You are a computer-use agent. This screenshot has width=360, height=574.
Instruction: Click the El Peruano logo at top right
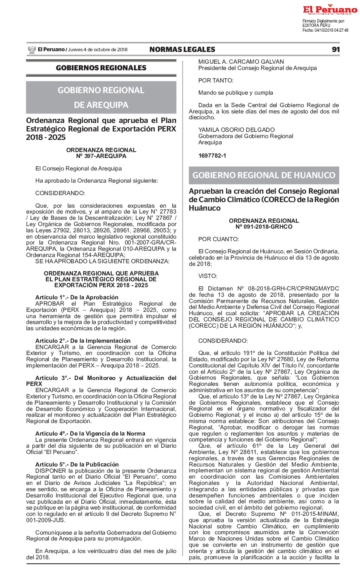(x=330, y=10)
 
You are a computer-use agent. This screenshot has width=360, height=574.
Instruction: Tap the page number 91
(x=335, y=50)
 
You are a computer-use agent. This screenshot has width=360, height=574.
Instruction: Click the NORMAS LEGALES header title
(x=182, y=50)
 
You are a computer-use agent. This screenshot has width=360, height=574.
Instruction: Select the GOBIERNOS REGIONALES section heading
(x=101, y=68)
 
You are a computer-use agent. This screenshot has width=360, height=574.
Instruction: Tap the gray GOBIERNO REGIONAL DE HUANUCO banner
(x=264, y=175)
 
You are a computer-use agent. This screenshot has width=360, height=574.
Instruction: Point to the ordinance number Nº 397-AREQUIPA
(x=101, y=156)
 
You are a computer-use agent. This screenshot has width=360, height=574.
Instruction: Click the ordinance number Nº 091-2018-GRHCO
(x=264, y=227)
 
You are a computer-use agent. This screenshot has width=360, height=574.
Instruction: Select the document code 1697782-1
(x=212, y=156)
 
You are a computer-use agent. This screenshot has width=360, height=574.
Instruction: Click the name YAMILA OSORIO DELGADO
(x=237, y=130)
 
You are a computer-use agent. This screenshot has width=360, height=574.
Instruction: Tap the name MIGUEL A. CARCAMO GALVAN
(x=241, y=62)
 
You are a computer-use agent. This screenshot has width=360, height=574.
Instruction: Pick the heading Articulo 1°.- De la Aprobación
(x=77, y=297)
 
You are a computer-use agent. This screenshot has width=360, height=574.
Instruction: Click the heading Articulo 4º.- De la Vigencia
(x=90, y=434)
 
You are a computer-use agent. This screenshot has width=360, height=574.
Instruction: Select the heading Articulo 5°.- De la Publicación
(x=77, y=465)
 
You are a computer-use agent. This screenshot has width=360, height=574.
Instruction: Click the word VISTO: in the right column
(x=208, y=276)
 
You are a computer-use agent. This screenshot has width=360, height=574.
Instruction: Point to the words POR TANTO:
(x=216, y=81)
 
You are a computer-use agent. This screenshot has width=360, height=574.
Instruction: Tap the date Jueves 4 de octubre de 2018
(x=98, y=50)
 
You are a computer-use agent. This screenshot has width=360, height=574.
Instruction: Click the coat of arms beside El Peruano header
(x=32, y=50)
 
